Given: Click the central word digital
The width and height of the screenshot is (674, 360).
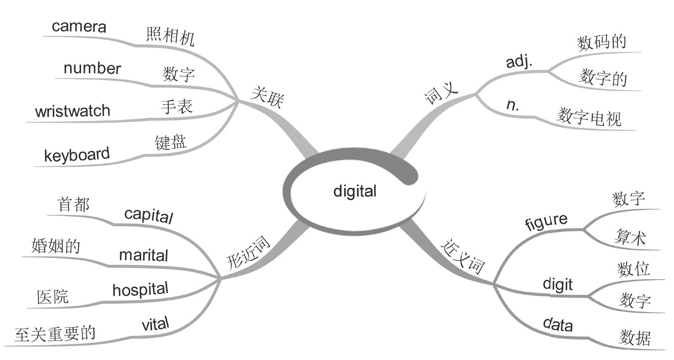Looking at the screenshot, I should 355,191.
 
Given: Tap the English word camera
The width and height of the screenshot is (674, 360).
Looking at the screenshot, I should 79,27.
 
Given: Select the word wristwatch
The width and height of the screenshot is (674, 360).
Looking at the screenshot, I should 72,111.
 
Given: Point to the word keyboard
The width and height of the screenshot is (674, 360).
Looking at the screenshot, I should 77,155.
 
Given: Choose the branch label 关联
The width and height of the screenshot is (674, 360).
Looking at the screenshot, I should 267,98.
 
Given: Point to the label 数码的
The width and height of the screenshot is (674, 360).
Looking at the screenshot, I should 601,43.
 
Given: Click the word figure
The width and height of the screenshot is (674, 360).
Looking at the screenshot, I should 546,222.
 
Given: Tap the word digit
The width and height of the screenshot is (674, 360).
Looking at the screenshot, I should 558,284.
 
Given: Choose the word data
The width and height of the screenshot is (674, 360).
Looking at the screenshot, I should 558,324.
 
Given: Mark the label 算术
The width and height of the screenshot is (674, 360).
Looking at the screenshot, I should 629,237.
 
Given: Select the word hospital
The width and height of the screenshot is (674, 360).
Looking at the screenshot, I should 140,289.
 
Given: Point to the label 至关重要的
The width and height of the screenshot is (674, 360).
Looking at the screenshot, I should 55,334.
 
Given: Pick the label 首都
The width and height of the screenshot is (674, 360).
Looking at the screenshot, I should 74,204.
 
